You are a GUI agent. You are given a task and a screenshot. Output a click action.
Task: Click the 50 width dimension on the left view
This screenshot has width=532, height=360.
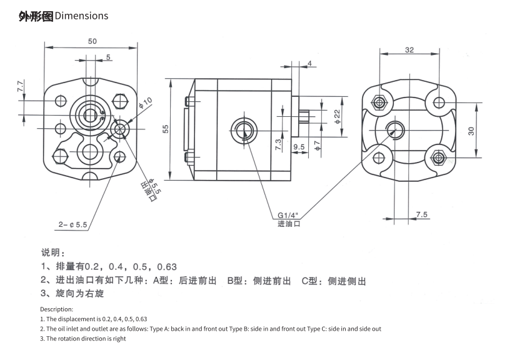[x=92, y=41]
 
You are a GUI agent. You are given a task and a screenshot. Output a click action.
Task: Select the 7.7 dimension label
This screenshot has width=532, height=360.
[x=20, y=86]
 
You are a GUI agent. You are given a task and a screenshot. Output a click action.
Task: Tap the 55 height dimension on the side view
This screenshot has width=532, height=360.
[x=166, y=129]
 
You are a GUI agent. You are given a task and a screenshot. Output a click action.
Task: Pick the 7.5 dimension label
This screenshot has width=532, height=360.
[x=421, y=214]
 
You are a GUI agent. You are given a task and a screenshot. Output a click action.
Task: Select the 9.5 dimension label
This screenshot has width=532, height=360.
[x=298, y=147]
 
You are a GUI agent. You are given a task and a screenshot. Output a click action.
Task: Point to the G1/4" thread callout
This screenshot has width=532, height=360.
[x=288, y=216]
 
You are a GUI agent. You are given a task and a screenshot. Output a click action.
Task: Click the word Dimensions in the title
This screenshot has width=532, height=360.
[x=81, y=16]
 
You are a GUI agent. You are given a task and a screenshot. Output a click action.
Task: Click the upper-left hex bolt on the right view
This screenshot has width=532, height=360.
[x=379, y=102]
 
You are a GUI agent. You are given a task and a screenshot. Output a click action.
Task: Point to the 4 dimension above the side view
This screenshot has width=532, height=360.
[x=309, y=64]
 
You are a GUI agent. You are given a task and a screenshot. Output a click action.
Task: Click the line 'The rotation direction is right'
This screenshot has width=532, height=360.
[x=83, y=339]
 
